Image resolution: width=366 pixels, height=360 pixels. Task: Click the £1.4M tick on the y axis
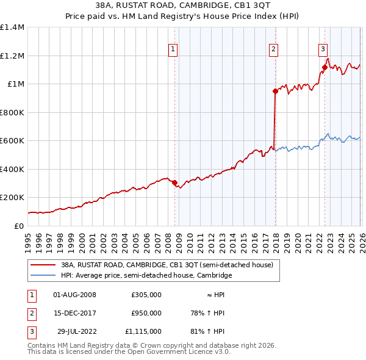click(x=12, y=27)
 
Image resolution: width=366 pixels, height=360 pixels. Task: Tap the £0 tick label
click(x=20, y=226)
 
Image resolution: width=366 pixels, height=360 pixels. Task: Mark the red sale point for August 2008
click(x=174, y=182)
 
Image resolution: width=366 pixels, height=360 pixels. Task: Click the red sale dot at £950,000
click(x=275, y=92)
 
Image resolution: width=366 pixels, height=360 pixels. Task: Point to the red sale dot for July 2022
click(x=325, y=68)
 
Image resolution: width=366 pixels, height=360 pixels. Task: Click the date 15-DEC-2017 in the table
click(x=76, y=313)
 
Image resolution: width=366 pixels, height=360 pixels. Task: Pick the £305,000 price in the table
click(x=146, y=295)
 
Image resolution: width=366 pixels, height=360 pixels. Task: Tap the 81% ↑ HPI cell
click(x=209, y=331)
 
